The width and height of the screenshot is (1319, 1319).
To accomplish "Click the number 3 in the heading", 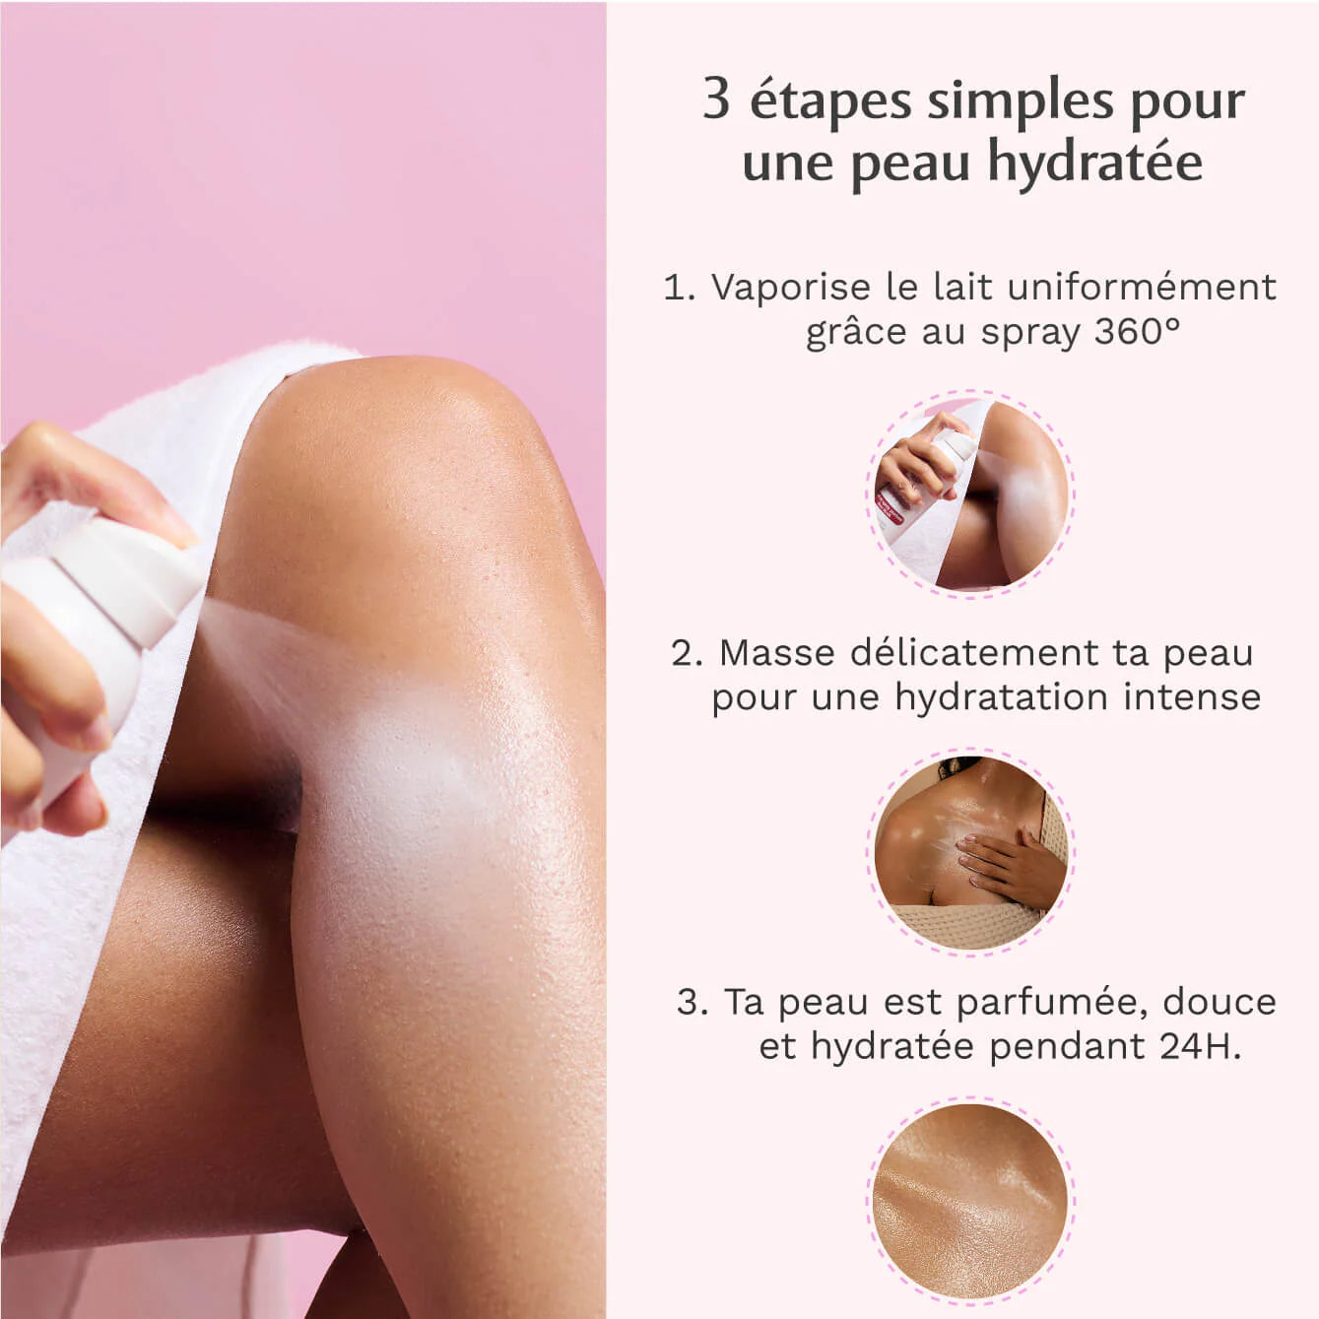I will pyautogui.click(x=716, y=99).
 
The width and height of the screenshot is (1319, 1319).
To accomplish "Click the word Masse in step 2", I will pyautogui.click(x=777, y=652).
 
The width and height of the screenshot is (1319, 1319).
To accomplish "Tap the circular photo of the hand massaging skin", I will pyautogui.click(x=970, y=852).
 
